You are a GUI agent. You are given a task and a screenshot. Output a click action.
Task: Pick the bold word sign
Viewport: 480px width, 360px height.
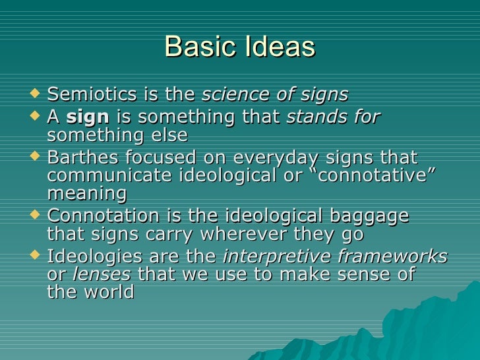(x=88, y=118)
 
